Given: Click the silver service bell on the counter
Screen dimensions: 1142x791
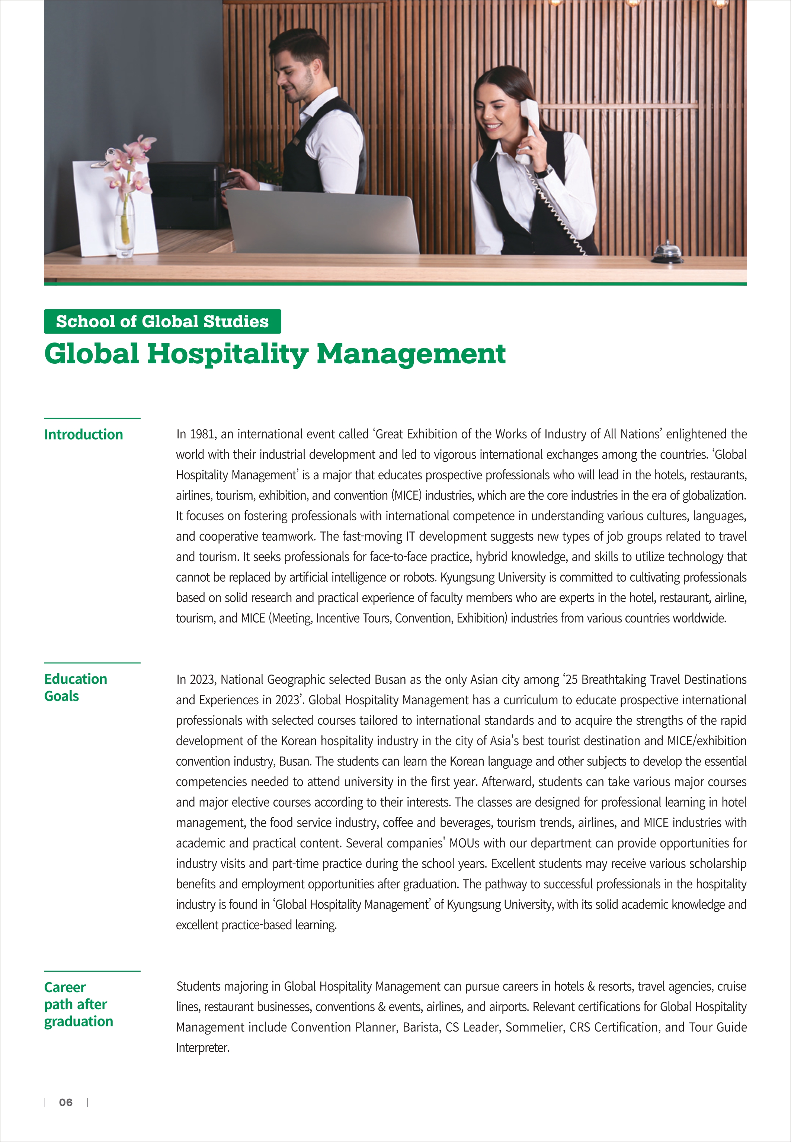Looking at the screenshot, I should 667,252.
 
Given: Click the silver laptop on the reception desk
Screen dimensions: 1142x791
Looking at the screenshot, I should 322,223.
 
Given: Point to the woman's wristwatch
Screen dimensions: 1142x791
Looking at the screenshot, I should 544,172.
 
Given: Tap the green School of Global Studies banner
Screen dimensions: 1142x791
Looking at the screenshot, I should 162,321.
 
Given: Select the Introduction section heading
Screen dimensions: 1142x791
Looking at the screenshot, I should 83,435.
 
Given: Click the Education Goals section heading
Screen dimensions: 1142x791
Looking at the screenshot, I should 75,687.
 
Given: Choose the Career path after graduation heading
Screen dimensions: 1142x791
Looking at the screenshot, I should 78,1004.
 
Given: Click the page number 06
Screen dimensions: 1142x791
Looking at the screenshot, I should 65,1102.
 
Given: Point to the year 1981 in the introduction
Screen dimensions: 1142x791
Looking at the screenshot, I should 202,434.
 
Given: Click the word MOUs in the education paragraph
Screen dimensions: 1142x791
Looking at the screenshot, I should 464,843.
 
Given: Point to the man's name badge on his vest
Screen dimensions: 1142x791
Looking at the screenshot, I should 296,141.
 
